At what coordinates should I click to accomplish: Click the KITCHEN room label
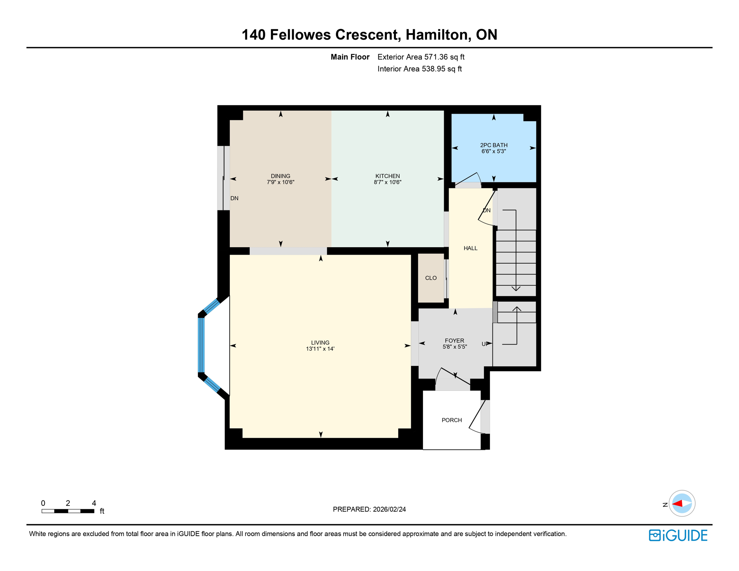point(387,176)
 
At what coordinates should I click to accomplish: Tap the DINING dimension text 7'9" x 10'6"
point(280,182)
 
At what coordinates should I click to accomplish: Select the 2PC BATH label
point(494,145)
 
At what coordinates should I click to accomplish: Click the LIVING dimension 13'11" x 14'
point(320,349)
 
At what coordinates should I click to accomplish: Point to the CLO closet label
point(431,278)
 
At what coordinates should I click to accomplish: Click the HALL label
point(470,248)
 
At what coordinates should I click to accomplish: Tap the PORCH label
point(452,420)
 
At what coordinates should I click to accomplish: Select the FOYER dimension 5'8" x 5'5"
point(454,346)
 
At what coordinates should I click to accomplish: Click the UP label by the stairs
point(485,344)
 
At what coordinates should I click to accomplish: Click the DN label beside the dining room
point(234,198)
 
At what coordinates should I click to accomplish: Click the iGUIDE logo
point(678,535)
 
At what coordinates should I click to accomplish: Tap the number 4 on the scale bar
point(94,503)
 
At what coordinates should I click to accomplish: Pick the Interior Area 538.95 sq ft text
point(441,69)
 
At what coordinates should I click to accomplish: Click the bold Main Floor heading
point(350,57)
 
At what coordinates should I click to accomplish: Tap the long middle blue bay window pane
point(201,345)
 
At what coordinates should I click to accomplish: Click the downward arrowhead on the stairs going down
point(516,288)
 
